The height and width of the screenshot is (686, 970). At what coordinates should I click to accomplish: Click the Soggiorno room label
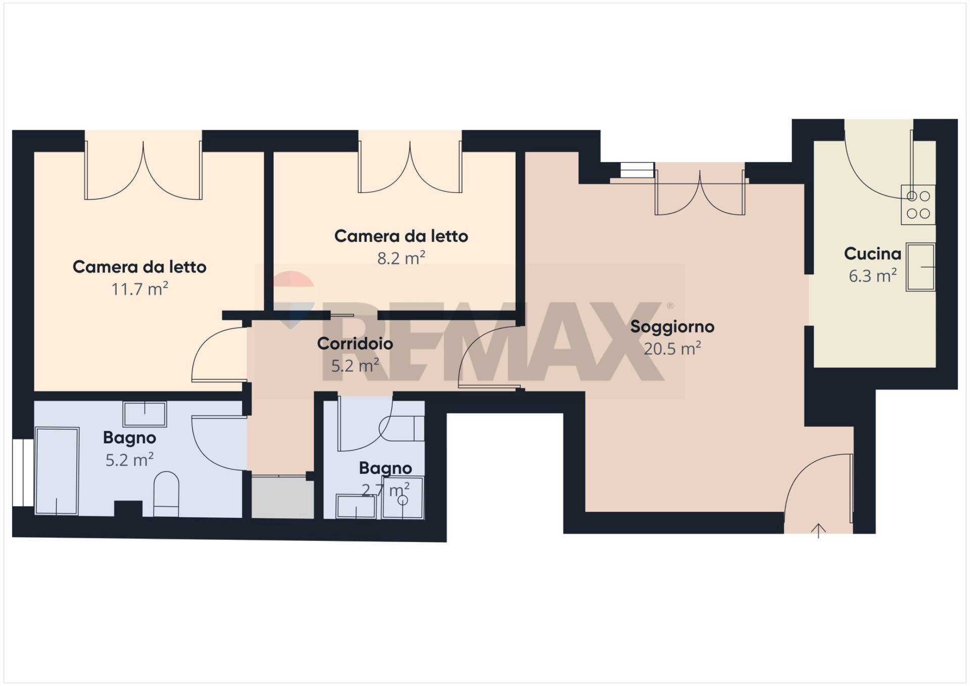pos(672,327)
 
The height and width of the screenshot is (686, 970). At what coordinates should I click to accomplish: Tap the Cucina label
pos(872,254)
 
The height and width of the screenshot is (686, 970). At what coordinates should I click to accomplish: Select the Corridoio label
pos(355,344)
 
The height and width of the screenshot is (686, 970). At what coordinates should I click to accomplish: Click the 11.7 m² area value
pos(139,289)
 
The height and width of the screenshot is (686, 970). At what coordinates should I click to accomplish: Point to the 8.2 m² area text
pos(401,258)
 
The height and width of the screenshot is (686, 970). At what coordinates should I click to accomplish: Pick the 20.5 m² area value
pos(672,349)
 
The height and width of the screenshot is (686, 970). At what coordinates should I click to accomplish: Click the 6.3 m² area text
pos(872,276)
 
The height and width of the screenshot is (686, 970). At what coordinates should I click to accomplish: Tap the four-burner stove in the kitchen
pos(918,205)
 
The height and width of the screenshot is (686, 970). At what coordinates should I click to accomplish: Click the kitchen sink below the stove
pos(920,267)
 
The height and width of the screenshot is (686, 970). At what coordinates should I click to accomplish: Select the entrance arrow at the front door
pos(818,530)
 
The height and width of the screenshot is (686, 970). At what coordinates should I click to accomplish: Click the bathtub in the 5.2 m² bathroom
pos(57,471)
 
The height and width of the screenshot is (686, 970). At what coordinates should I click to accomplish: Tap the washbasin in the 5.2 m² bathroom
pos(145,414)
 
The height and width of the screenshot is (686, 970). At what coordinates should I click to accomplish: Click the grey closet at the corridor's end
pos(282,497)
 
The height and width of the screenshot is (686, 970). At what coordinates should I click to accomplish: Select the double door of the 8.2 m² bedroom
pos(410,167)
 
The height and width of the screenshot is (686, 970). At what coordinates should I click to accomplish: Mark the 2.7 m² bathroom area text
pos(385,489)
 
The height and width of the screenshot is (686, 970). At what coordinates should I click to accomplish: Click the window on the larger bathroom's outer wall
pos(23,473)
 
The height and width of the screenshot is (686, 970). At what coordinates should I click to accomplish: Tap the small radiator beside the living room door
pos(637,170)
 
